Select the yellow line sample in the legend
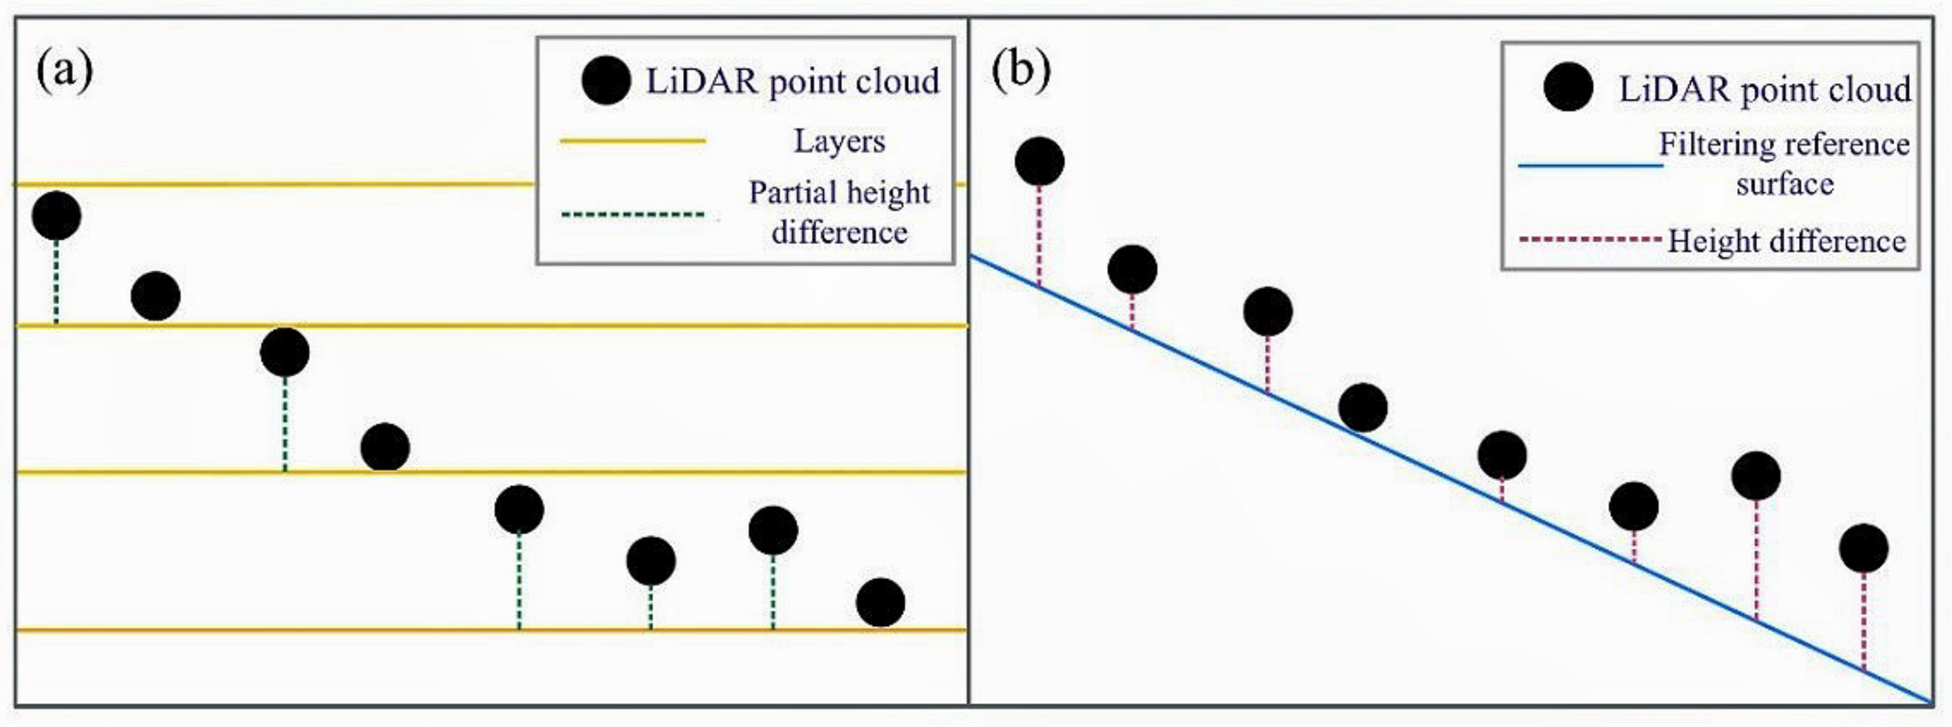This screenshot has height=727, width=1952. click(x=633, y=141)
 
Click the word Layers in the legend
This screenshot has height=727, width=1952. click(x=839, y=141)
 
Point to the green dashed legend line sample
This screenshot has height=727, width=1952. click(x=633, y=214)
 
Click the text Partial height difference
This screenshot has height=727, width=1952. click(x=839, y=212)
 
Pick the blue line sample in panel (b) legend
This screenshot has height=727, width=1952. click(x=1590, y=165)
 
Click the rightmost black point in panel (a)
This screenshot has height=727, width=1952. click(x=880, y=603)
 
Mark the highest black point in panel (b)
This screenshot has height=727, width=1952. click(x=1039, y=162)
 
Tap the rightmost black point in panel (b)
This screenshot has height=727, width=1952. click(x=1864, y=548)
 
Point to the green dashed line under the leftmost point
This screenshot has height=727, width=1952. click(x=56, y=282)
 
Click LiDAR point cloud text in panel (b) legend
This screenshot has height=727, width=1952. click(x=1764, y=90)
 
